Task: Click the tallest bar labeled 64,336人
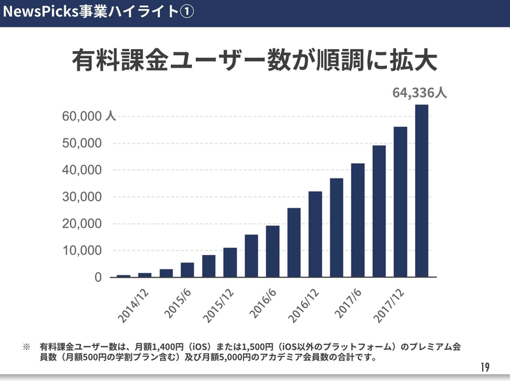click(422, 191)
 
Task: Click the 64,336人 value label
click(419, 92)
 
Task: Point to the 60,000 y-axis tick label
click(82, 117)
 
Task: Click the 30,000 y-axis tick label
click(82, 197)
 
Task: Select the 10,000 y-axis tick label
click(82, 250)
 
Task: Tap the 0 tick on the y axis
click(98, 277)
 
